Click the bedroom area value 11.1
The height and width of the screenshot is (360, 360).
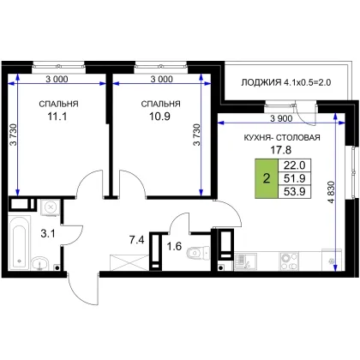point(57,117)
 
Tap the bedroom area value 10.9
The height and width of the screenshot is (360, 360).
point(159,117)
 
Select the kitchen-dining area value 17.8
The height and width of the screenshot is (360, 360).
point(281,149)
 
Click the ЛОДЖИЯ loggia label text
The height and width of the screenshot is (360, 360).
point(261,82)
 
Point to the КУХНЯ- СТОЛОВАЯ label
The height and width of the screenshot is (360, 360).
point(282,137)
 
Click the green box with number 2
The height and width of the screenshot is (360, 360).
point(267,178)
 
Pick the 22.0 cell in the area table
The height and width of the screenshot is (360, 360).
point(294,165)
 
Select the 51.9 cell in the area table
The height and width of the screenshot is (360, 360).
point(294,178)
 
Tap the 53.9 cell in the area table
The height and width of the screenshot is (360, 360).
point(294,191)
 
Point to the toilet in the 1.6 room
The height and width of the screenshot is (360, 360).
point(198,252)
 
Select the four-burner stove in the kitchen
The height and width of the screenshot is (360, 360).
point(289,261)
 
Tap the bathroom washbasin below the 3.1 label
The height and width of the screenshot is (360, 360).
point(39,263)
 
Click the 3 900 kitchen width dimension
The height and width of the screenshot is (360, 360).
point(281,118)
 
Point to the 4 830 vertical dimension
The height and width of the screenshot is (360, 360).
point(331,192)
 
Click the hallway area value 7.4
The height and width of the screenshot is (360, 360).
point(136,240)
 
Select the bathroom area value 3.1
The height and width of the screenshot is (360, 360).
point(48,234)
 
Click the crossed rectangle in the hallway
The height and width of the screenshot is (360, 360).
point(129,262)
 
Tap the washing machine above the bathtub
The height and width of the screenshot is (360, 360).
point(51,207)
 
